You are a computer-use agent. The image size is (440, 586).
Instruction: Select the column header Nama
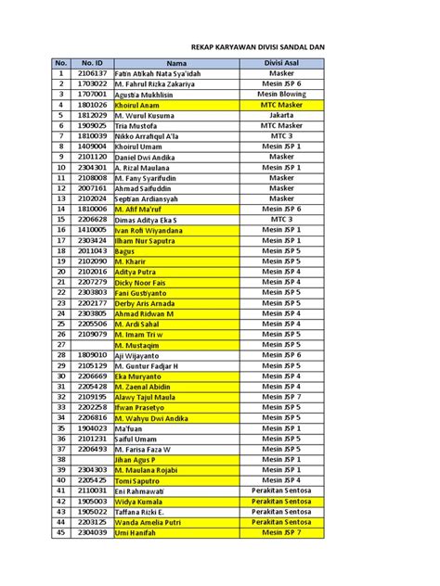176,62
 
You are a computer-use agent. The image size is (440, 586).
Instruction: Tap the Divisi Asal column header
280,62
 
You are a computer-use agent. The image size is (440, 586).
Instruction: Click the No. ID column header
92,62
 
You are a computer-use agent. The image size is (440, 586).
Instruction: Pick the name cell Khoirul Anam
140,105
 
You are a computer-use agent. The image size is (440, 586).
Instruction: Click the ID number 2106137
92,72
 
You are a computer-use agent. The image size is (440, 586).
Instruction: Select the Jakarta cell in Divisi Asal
280,115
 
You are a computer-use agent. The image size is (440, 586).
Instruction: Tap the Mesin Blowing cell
280,94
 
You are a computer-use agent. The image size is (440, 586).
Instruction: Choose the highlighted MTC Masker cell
280,105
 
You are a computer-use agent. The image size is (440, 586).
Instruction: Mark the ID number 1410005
92,229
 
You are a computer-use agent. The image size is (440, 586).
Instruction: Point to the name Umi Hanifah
139,532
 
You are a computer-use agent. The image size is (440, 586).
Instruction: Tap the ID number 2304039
92,532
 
